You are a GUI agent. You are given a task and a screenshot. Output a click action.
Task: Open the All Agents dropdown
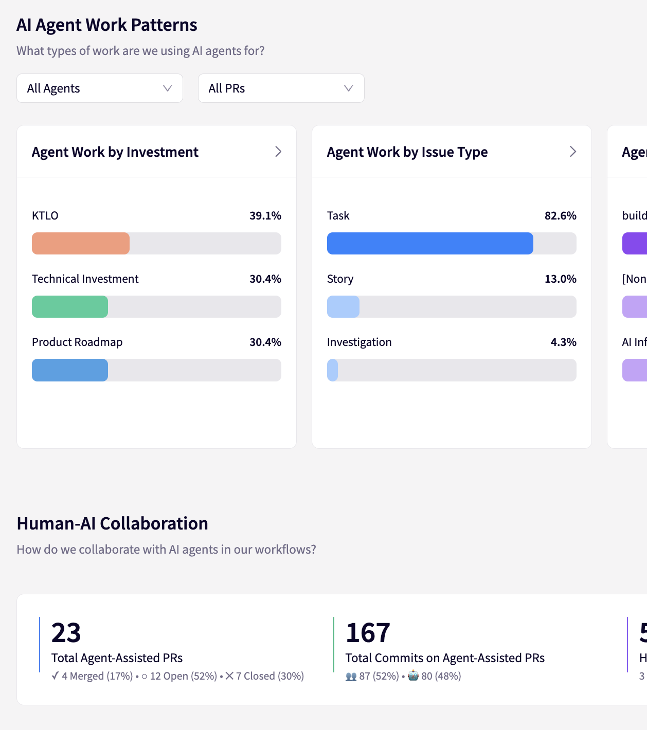[x=100, y=88]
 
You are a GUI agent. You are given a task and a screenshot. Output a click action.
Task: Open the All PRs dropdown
[x=281, y=88]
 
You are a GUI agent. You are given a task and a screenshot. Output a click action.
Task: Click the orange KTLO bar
[x=81, y=244]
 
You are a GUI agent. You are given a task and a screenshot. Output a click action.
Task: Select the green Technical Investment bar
[x=70, y=307]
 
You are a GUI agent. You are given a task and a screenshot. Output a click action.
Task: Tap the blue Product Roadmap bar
[x=70, y=370]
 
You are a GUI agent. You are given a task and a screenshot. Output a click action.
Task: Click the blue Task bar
[x=430, y=244]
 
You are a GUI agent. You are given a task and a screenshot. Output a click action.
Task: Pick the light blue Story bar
[x=343, y=307]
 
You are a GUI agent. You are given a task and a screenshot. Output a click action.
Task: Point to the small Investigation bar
[x=333, y=370]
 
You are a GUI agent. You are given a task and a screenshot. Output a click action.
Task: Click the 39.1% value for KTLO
[x=265, y=216]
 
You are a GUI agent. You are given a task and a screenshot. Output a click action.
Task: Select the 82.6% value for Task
[x=560, y=216]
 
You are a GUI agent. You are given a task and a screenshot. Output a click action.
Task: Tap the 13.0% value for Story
[x=560, y=279]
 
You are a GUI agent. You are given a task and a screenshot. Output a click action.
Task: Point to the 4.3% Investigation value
[x=563, y=342]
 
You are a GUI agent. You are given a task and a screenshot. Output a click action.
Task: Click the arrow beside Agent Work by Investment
[x=278, y=152]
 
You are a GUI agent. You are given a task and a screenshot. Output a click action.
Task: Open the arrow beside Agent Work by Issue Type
[x=573, y=152]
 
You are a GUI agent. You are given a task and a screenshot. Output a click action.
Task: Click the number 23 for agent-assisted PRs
[x=66, y=633]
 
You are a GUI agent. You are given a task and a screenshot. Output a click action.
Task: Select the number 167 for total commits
[x=368, y=633]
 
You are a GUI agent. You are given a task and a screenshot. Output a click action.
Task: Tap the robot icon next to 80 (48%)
[x=413, y=676]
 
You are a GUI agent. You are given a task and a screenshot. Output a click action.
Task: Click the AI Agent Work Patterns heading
[x=107, y=25]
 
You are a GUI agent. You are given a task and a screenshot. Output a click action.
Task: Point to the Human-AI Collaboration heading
[x=113, y=523]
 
